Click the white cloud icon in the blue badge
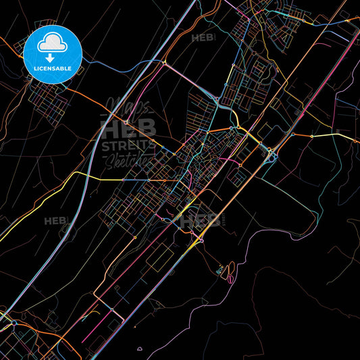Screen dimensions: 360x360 [52, 41]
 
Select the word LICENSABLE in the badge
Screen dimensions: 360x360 [52, 69]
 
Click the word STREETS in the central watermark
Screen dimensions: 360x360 [128, 145]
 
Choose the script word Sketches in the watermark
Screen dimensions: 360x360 [128, 159]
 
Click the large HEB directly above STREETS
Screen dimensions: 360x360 [128, 128]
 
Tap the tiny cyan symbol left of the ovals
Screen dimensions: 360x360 [219, 272]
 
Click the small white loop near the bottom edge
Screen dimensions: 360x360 [139, 350]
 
